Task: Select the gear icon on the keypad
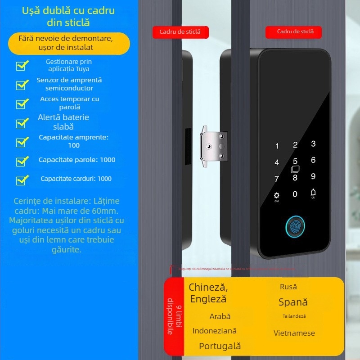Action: (277, 196)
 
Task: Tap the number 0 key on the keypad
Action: (295, 194)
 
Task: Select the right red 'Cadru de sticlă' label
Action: (295, 31)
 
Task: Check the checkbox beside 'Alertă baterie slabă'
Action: (22, 123)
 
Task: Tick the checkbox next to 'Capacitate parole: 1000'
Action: (22, 161)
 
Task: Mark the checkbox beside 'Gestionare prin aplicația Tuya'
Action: (22, 65)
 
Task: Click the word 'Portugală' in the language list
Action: (220, 346)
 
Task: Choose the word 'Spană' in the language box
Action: (293, 302)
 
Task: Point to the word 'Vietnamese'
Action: (294, 333)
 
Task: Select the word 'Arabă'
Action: (220, 316)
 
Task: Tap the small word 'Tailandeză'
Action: (294, 316)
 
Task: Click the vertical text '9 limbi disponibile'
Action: (173, 316)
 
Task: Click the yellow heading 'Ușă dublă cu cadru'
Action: (68, 10)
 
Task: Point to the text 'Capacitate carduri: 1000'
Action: (76, 179)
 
